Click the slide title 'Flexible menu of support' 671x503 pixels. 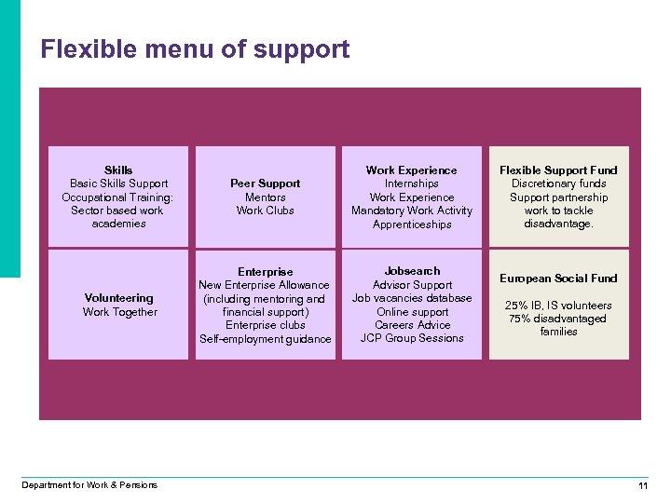(x=195, y=49)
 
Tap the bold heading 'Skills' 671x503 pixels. (x=118, y=170)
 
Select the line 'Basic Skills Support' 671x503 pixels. (x=118, y=184)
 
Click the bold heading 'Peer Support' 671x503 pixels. (x=266, y=184)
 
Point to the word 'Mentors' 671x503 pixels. (x=266, y=197)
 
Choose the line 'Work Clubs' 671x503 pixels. (x=266, y=211)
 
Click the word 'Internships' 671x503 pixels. (x=412, y=184)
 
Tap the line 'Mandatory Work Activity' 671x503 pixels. (x=412, y=211)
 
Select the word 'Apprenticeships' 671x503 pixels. (x=412, y=224)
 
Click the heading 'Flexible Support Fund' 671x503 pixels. (x=558, y=170)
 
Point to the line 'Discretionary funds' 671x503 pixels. (x=558, y=184)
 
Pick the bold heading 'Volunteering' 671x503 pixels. (x=118, y=298)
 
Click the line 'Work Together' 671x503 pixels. (x=120, y=312)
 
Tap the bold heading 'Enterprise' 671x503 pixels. (x=266, y=272)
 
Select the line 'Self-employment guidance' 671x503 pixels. (x=266, y=339)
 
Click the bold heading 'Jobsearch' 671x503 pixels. (x=412, y=271)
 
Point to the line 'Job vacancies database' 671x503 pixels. (x=412, y=298)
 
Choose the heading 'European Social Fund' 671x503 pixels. (x=558, y=279)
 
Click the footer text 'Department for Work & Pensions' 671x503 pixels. (x=89, y=484)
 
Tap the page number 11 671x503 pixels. (x=642, y=486)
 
